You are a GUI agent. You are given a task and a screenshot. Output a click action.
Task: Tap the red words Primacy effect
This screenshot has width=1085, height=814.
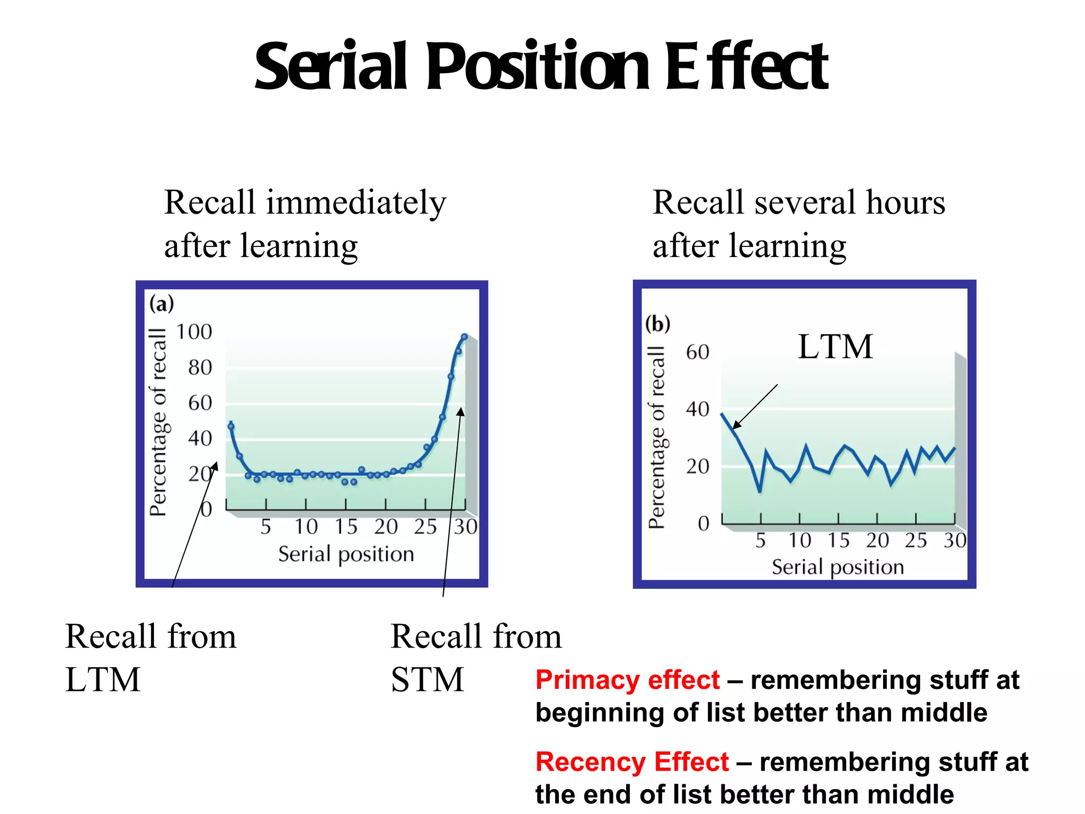pyautogui.click(x=627, y=680)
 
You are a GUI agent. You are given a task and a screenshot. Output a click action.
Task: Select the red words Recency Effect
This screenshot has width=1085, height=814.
pyautogui.click(x=632, y=762)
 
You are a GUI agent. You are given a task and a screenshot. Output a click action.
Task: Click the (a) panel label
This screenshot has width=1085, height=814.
pyautogui.click(x=162, y=304)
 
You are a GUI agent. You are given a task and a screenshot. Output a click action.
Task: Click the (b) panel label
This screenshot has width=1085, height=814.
pyautogui.click(x=657, y=323)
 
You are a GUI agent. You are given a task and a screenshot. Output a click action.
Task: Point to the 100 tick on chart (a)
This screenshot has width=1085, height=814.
pyautogui.click(x=194, y=332)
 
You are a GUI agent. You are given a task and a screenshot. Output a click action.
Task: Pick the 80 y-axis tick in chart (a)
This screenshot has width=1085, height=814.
pyautogui.click(x=200, y=367)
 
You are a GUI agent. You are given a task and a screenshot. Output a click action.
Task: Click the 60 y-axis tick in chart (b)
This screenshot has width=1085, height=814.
pyautogui.click(x=697, y=352)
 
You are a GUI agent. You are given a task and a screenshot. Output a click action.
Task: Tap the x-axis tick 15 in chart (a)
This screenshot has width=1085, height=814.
pyautogui.click(x=346, y=527)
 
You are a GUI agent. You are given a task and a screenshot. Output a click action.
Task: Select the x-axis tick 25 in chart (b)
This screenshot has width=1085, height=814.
pyautogui.click(x=915, y=541)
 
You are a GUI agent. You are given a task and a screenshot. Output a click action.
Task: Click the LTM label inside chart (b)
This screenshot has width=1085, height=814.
pyautogui.click(x=835, y=347)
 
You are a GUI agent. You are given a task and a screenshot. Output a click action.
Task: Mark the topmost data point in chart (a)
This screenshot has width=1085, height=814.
pyautogui.click(x=465, y=337)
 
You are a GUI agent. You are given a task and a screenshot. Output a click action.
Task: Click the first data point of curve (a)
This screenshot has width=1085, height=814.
pyautogui.click(x=231, y=426)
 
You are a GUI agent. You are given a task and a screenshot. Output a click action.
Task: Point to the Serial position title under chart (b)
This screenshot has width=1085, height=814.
pyautogui.click(x=838, y=567)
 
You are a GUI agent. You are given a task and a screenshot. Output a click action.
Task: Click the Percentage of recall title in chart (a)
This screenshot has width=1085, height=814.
pyautogui.click(x=158, y=422)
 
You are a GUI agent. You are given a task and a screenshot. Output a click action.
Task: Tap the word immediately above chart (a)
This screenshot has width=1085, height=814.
pyautogui.click(x=356, y=203)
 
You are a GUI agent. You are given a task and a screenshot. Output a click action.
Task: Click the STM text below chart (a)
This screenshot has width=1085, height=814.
pyautogui.click(x=427, y=680)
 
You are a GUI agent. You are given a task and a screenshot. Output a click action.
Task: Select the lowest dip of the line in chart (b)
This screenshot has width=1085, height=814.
pyautogui.click(x=760, y=491)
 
